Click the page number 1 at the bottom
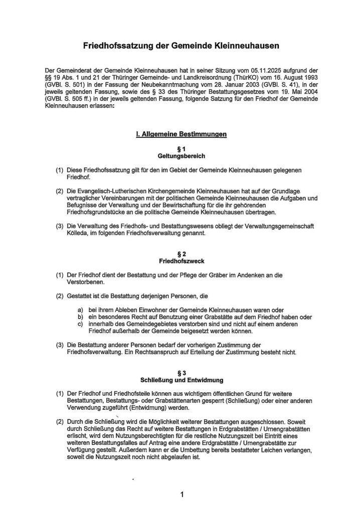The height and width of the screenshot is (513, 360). [x=182, y=495]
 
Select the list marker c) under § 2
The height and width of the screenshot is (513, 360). [x=79, y=324]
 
